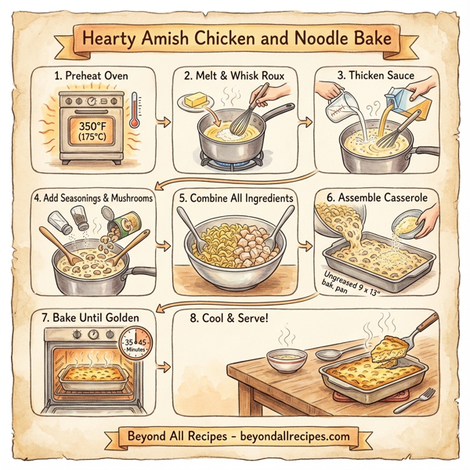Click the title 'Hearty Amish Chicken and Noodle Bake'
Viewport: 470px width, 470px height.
pyautogui.click(x=235, y=36)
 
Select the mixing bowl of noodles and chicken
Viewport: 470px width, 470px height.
pyautogui.click(x=235, y=243)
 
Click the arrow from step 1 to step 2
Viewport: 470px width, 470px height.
pyautogui.click(x=163, y=121)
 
